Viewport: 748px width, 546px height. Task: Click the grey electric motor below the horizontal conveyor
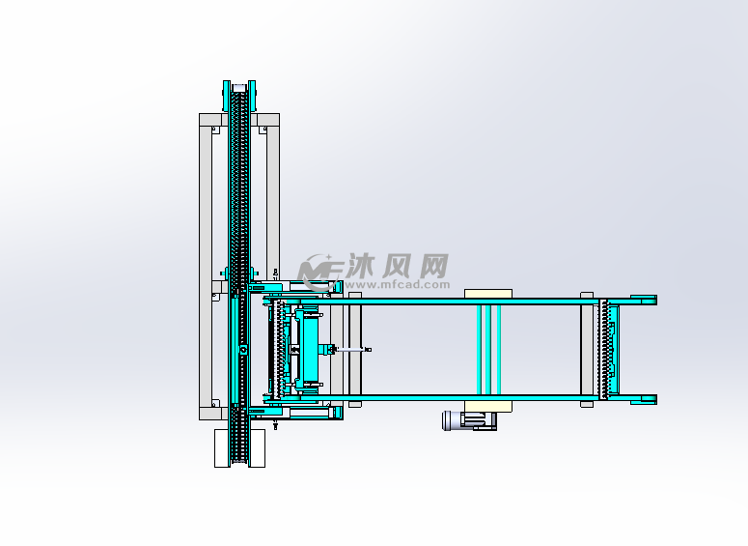pos(469,420)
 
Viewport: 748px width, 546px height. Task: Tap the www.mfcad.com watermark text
pos(397,285)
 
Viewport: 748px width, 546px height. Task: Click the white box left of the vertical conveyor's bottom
pos(222,448)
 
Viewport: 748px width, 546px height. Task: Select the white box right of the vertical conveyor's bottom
pos(257,448)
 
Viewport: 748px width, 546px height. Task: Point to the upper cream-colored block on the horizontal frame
pos(488,294)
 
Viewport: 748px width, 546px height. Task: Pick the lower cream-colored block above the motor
pos(488,406)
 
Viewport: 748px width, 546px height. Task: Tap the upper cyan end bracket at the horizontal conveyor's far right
pos(644,300)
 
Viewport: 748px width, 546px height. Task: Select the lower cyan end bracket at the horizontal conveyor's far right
pos(644,399)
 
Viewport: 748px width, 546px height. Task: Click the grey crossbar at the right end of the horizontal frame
pos(587,350)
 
